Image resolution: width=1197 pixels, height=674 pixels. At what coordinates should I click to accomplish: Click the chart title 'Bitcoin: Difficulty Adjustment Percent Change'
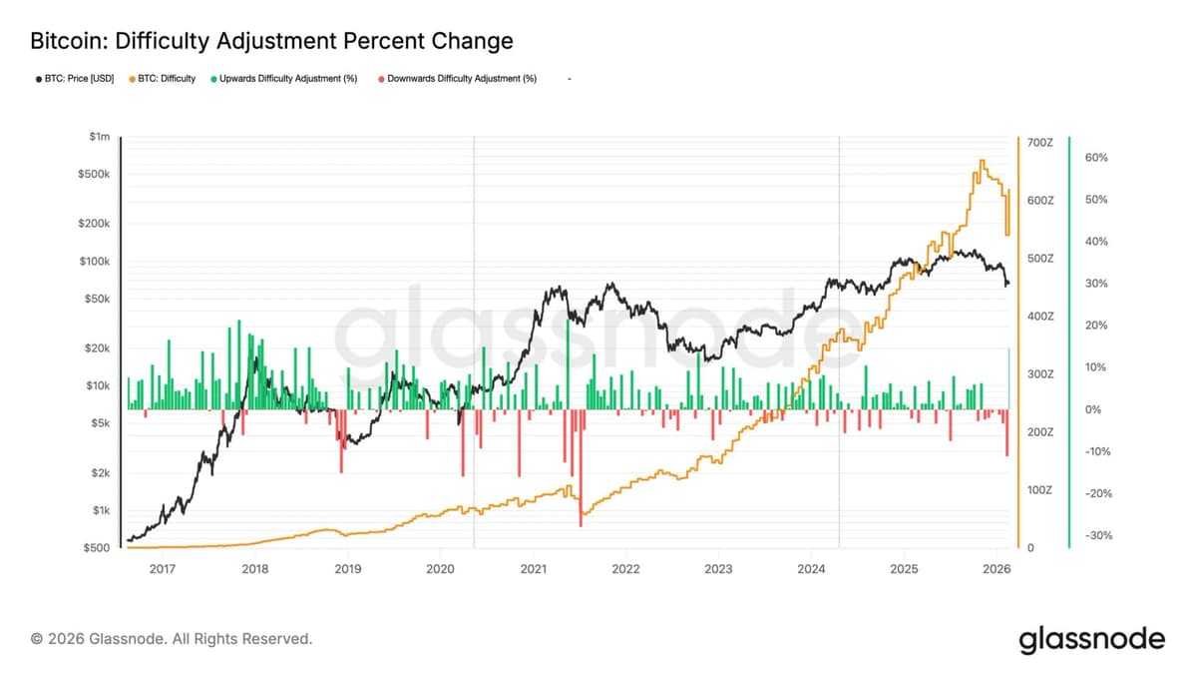[x=271, y=41]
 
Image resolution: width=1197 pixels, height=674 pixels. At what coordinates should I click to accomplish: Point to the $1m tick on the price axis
[x=99, y=137]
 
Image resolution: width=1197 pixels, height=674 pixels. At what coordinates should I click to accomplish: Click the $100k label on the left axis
[x=95, y=262]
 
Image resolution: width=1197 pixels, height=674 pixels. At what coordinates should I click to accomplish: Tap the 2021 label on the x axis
[x=533, y=569]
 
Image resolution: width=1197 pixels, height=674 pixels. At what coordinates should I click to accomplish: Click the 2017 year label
[x=162, y=569]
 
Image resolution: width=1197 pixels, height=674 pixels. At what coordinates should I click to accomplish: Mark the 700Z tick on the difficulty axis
[x=1039, y=143]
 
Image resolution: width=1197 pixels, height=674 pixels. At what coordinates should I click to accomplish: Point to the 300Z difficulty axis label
[x=1039, y=373]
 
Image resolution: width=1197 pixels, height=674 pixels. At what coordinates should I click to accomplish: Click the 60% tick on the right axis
[x=1095, y=158]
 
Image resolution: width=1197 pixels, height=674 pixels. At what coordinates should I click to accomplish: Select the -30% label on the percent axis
[x=1095, y=536]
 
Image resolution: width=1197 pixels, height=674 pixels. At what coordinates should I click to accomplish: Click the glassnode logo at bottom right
[x=1091, y=639]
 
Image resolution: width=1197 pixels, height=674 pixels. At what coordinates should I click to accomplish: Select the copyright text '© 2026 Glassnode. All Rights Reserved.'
[x=172, y=638]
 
